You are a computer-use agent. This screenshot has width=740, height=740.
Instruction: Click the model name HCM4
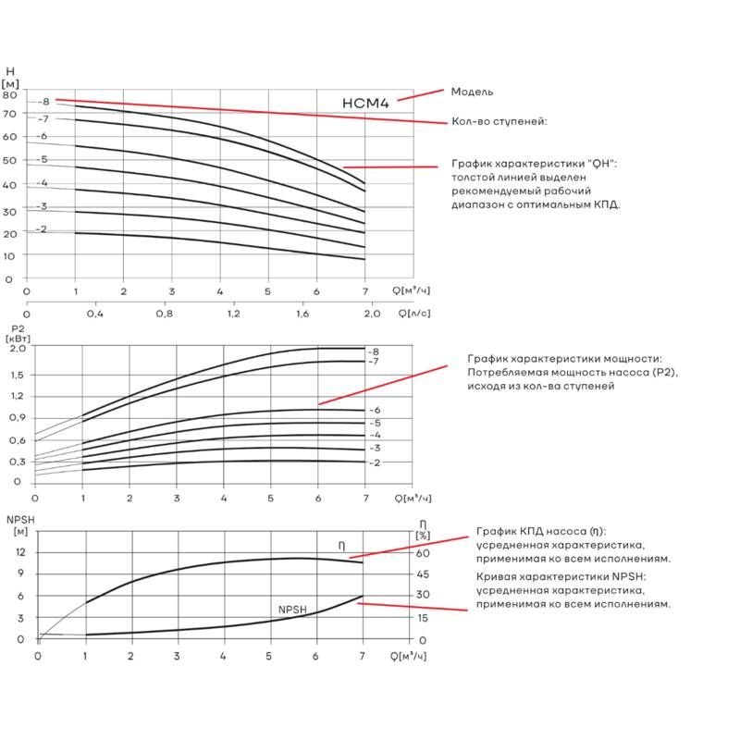click(365, 104)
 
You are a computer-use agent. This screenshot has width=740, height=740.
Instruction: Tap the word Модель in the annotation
click(472, 92)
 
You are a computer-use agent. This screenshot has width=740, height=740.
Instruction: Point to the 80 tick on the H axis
click(9, 95)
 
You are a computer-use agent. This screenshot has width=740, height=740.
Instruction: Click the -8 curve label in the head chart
click(43, 102)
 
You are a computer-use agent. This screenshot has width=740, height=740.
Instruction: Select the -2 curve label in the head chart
click(42, 229)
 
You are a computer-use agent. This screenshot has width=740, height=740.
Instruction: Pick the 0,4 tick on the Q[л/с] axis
click(95, 314)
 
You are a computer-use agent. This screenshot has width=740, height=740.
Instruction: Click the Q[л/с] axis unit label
click(414, 313)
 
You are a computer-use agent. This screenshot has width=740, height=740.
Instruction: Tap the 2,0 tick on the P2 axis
click(18, 349)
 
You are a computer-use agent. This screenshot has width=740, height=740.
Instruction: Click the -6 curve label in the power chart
click(376, 410)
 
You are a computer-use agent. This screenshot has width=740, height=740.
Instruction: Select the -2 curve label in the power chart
click(375, 463)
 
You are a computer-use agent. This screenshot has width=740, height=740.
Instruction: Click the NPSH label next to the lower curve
click(292, 610)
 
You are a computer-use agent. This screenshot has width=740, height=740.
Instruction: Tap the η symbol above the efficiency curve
click(341, 546)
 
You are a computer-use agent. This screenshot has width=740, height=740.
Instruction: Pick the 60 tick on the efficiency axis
click(423, 553)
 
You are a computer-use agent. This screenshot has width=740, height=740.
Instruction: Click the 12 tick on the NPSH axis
click(20, 552)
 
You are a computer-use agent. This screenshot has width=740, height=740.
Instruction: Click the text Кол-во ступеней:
click(499, 121)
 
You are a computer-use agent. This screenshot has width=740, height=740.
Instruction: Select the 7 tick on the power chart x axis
click(365, 499)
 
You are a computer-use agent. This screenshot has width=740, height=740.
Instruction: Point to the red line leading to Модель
click(421, 95)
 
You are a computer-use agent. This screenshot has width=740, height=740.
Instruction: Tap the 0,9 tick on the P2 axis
click(18, 418)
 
